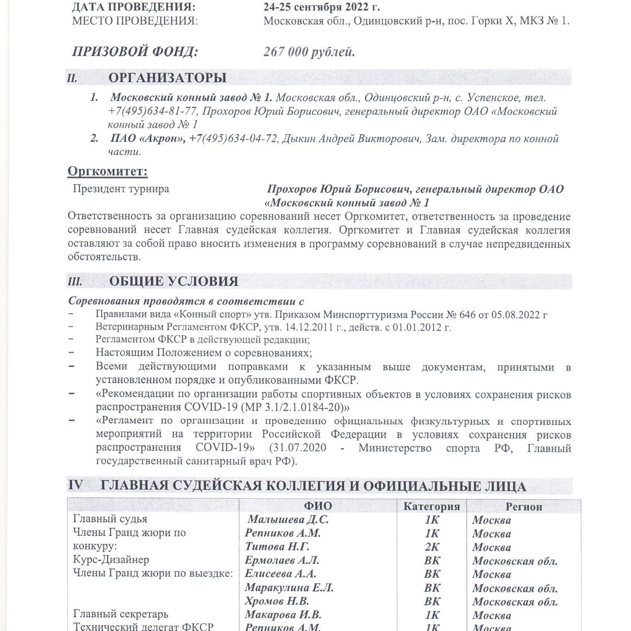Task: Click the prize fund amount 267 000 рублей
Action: [x=309, y=52]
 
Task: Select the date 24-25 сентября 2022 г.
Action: [x=321, y=7]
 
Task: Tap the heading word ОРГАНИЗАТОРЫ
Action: [x=167, y=78]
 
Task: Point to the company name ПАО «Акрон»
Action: [x=148, y=138]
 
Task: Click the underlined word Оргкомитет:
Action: [x=108, y=171]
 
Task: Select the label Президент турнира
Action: [x=121, y=189]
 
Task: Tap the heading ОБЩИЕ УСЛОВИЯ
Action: [x=174, y=281]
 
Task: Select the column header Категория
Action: [x=431, y=506]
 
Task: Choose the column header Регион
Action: [x=523, y=506]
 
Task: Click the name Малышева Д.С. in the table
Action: [x=288, y=519]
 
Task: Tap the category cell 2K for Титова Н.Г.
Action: [x=432, y=547]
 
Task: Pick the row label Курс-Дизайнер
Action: [x=111, y=560]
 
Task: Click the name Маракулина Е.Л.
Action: [x=289, y=588]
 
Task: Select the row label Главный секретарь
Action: [x=121, y=614]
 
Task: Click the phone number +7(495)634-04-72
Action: [x=233, y=138]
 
